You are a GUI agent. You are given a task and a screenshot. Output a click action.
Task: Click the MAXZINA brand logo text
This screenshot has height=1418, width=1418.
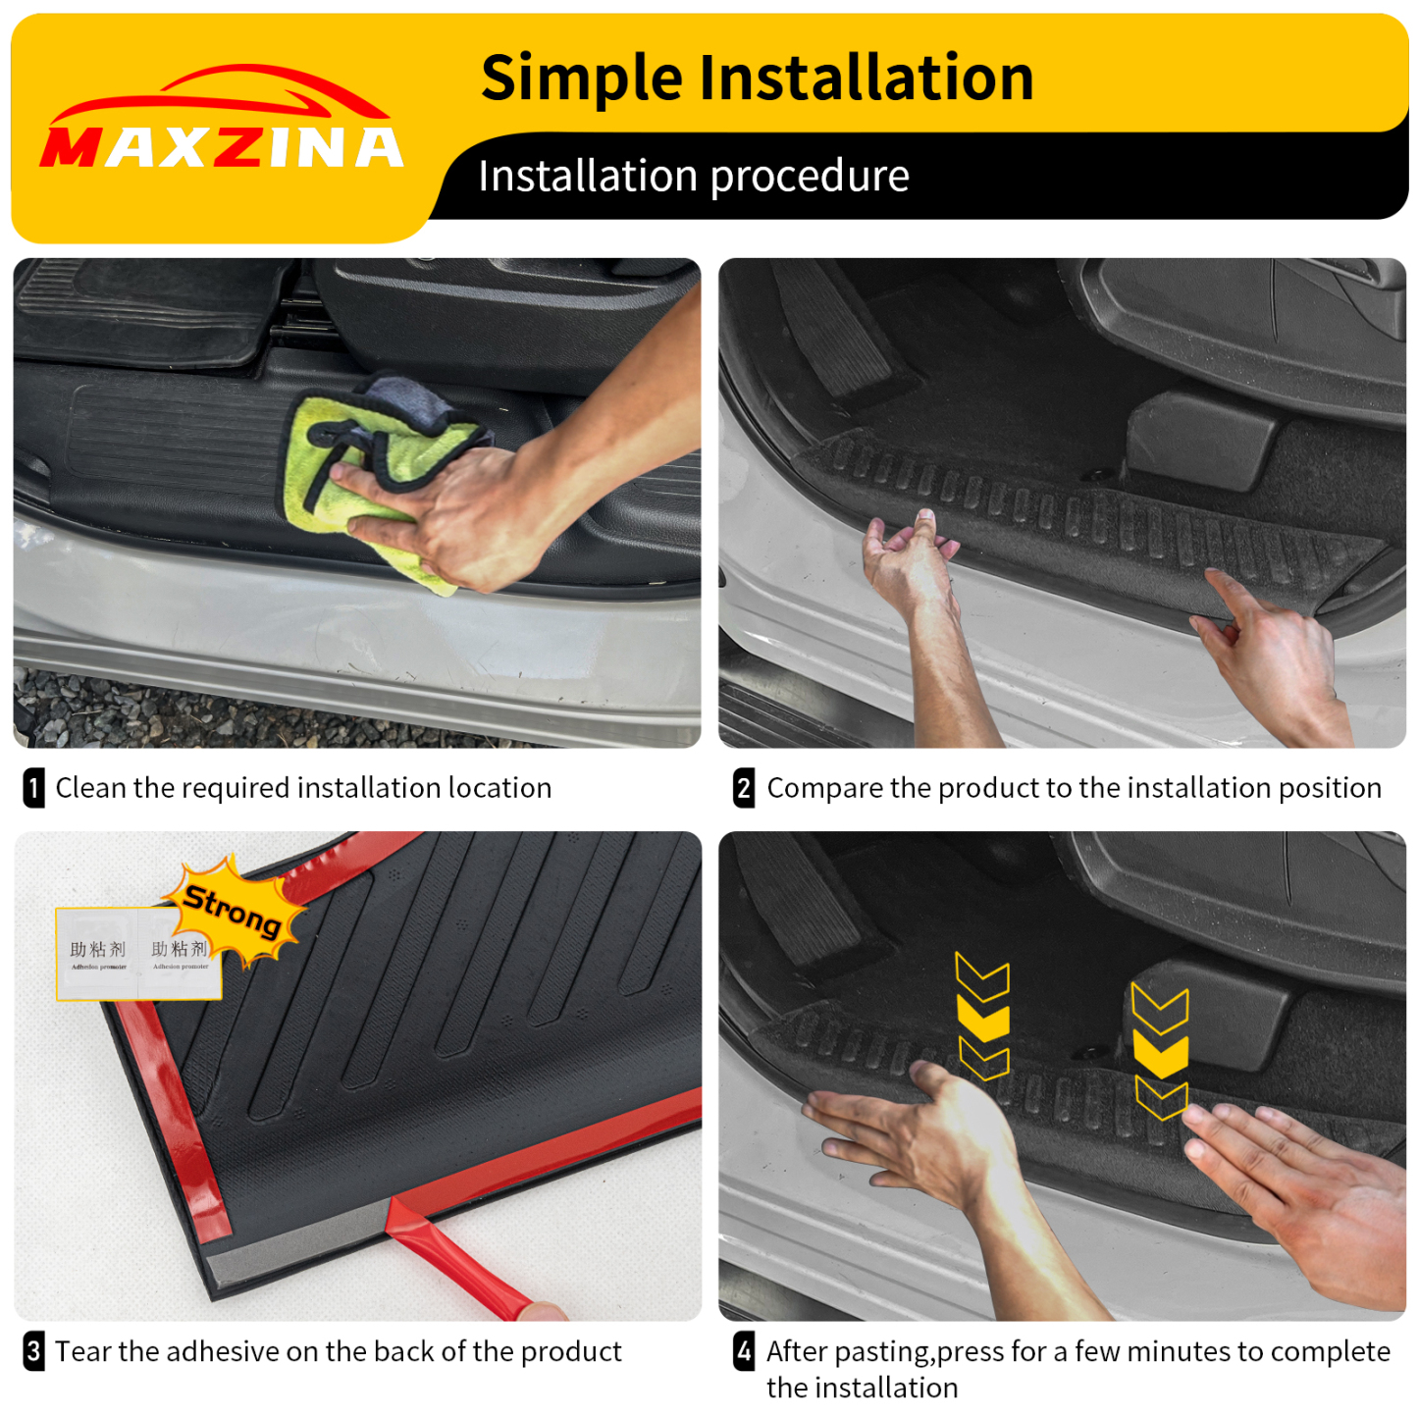(221, 148)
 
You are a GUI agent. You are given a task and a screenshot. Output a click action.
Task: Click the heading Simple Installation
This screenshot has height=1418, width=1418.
(757, 79)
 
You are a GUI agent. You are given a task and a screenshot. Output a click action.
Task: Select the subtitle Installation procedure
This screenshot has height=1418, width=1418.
(693, 177)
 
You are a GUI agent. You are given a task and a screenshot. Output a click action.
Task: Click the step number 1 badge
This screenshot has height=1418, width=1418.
(33, 788)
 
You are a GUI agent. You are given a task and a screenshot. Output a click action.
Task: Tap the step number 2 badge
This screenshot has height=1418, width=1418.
(744, 788)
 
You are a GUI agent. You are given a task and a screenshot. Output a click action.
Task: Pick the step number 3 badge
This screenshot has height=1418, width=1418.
(33, 1351)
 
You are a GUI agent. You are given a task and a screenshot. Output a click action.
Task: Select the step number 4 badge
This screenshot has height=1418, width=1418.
(744, 1351)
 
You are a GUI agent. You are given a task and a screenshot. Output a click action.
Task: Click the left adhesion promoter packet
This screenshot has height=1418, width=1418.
(97, 954)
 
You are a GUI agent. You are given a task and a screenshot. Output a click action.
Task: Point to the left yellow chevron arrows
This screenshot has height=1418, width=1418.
(982, 1016)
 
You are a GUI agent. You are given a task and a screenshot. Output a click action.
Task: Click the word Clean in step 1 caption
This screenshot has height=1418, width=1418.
(91, 788)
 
